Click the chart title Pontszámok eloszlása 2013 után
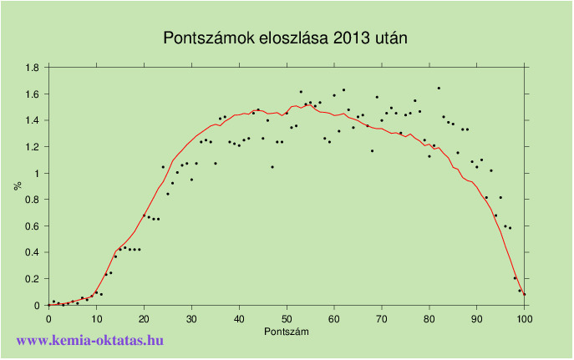pyautogui.click(x=286, y=38)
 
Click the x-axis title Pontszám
pyautogui.click(x=287, y=332)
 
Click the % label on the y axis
pyautogui.click(x=17, y=185)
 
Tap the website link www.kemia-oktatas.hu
pyautogui.click(x=90, y=341)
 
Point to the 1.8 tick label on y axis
pyautogui.click(x=32, y=68)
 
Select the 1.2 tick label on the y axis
pyautogui.click(x=32, y=147)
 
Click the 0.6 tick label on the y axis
pyautogui.click(x=32, y=226)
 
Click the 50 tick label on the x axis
pyautogui.click(x=287, y=318)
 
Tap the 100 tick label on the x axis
pyautogui.click(x=525, y=318)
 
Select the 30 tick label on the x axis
pyautogui.click(x=191, y=318)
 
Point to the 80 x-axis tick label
pyautogui.click(x=429, y=318)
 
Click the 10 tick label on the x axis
pyautogui.click(x=96, y=318)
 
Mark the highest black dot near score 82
pyautogui.click(x=439, y=88)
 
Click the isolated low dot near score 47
pyautogui.click(x=272, y=167)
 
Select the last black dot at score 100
pyautogui.click(x=525, y=294)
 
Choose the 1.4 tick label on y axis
pyautogui.click(x=32, y=120)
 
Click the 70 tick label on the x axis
pyautogui.click(x=382, y=318)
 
